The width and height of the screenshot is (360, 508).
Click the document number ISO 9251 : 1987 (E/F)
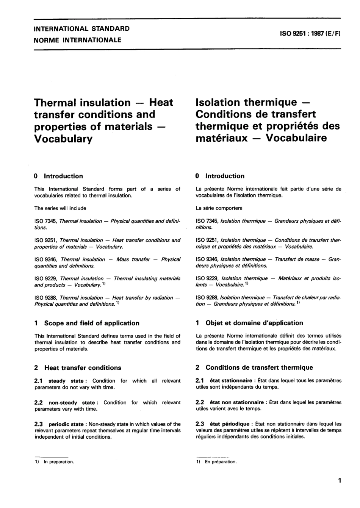click(x=310, y=33)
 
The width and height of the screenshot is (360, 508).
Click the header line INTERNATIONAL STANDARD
click(x=82, y=28)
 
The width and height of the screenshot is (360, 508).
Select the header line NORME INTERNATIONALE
click(x=78, y=40)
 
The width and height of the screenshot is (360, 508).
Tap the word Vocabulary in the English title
click(x=63, y=139)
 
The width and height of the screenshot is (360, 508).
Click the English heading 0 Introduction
click(x=58, y=176)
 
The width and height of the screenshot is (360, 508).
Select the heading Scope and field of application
click(x=92, y=323)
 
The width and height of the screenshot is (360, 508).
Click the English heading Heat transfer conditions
click(x=83, y=368)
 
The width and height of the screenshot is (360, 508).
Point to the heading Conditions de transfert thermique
click(x=259, y=367)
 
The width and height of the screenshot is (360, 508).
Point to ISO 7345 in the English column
click(x=45, y=221)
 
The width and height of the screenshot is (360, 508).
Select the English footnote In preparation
click(x=59, y=462)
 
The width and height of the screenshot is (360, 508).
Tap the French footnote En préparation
click(x=221, y=462)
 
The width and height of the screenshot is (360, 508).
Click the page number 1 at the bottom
click(x=340, y=481)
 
